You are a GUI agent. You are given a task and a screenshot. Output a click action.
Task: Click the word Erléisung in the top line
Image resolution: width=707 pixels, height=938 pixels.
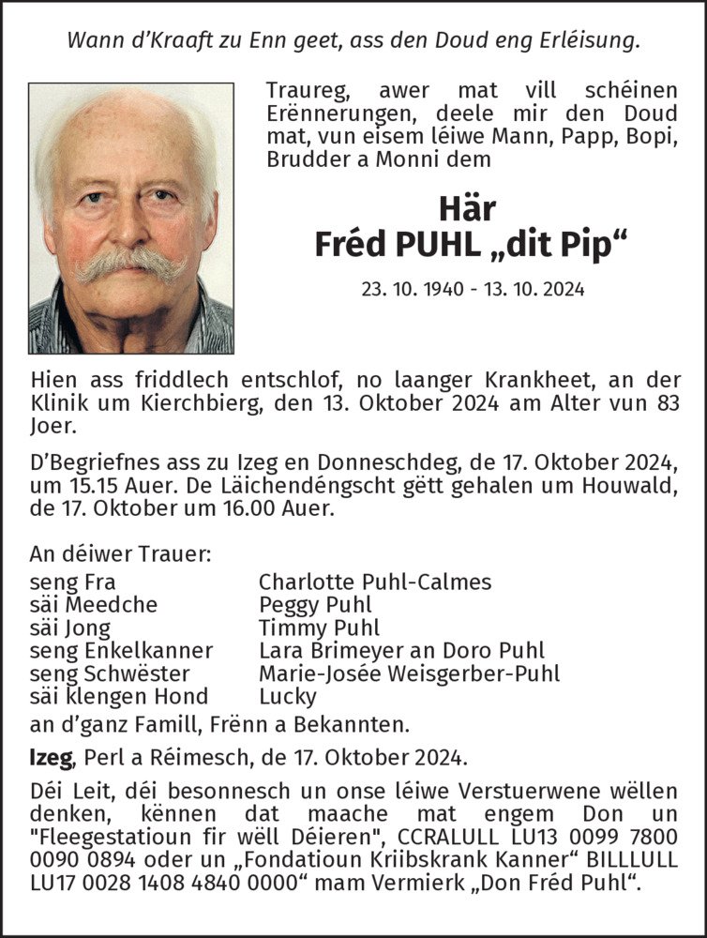(582, 40)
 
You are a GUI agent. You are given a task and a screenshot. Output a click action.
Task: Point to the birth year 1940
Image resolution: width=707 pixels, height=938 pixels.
(443, 289)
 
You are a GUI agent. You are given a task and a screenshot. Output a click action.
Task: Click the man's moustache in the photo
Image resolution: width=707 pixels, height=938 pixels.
(131, 264)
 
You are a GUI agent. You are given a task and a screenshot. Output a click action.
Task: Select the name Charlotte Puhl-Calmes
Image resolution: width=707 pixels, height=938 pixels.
(374, 582)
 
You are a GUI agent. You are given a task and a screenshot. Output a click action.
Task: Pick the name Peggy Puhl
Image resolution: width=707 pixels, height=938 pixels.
(315, 605)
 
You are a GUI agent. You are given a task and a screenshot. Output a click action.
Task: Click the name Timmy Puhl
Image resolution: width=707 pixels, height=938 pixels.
(319, 628)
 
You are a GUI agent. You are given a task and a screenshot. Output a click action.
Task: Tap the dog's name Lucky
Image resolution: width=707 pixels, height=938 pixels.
(287, 697)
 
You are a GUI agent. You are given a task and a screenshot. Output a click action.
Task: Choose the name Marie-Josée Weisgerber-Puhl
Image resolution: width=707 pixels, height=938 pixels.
(409, 673)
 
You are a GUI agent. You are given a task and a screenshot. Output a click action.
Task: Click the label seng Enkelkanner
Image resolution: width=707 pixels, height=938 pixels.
(121, 651)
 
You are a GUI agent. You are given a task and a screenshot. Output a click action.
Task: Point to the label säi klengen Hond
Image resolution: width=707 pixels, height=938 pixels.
(119, 697)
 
